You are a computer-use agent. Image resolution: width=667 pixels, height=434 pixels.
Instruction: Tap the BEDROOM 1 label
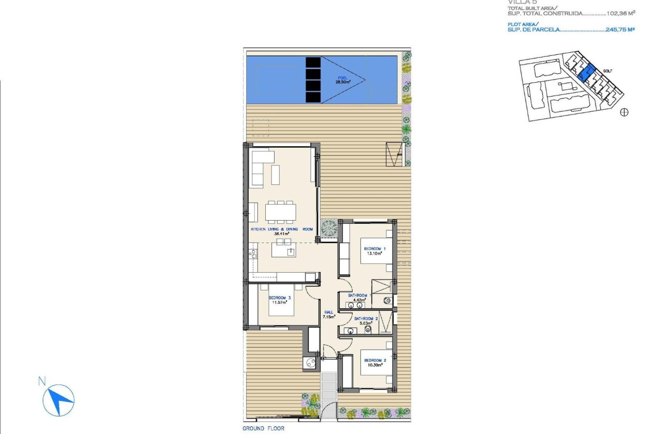(372, 249)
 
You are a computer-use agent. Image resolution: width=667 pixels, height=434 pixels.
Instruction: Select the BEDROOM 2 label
(375, 360)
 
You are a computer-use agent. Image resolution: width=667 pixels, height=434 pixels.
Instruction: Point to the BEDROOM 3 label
(279, 298)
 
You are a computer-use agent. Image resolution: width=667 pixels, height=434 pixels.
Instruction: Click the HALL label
(329, 313)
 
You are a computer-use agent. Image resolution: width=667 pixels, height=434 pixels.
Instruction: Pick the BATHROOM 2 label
(366, 319)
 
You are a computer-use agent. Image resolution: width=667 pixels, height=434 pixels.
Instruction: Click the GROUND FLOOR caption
(263, 428)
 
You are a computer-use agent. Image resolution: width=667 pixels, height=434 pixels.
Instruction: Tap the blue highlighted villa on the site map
(586, 73)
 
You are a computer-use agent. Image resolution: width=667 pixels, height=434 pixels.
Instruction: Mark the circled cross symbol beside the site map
(624, 112)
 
